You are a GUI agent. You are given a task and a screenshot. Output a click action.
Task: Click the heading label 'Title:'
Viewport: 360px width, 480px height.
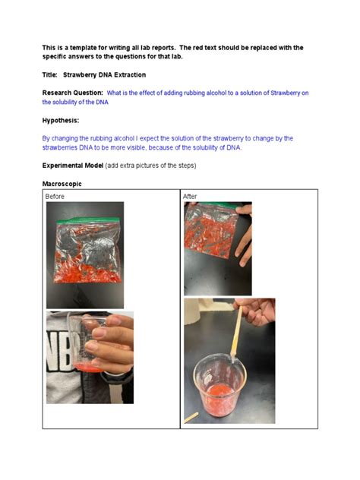[x=50, y=75]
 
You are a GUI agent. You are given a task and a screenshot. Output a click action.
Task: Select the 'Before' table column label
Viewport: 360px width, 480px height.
[x=55, y=197]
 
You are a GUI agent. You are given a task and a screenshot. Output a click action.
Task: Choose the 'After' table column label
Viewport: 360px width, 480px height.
[x=190, y=197]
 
